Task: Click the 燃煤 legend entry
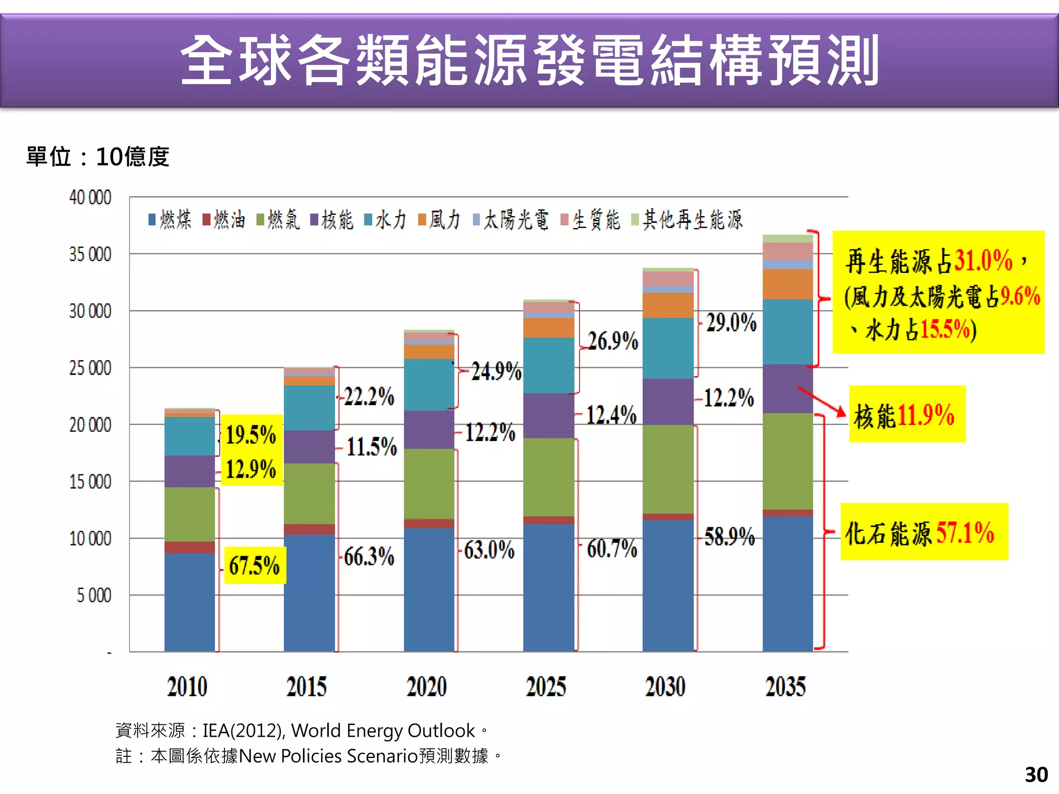(171, 220)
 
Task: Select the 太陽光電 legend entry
(512, 220)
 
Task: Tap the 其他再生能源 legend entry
(688, 220)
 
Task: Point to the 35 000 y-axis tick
(90, 254)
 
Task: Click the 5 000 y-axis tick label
(94, 595)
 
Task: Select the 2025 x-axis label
(546, 686)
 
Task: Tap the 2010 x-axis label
(187, 686)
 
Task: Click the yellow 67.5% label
(254, 566)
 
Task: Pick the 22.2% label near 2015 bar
(369, 397)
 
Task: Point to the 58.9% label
(730, 537)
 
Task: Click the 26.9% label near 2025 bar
(613, 341)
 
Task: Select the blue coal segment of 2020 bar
(429, 589)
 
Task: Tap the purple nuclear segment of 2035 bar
(788, 389)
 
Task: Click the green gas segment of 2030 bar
(668, 469)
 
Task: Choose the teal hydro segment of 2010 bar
(190, 436)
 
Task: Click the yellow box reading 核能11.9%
(907, 415)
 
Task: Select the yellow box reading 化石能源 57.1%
(924, 532)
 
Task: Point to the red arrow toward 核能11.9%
(821, 401)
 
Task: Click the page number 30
(1036, 775)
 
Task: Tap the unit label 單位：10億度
(98, 157)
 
